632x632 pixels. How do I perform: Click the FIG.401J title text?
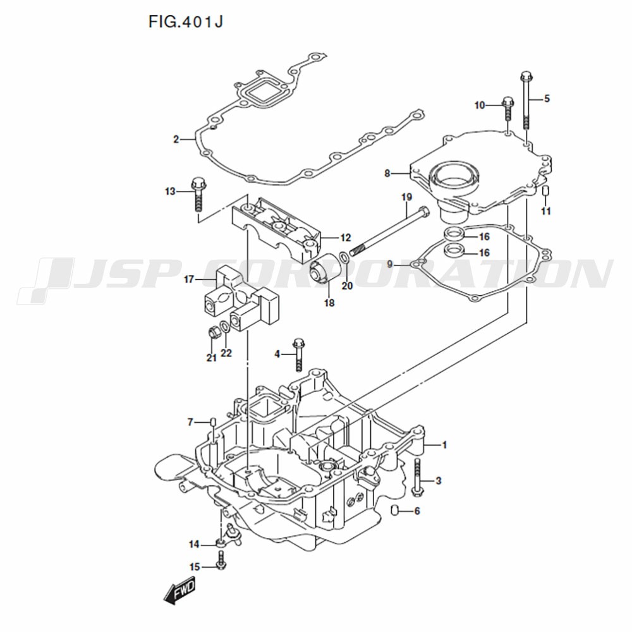point(185,22)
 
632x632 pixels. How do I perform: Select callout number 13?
point(170,191)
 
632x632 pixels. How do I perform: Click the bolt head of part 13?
point(198,184)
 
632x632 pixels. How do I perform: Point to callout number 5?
point(547,99)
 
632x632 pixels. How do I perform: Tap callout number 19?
point(406,197)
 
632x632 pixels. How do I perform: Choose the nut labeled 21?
point(214,333)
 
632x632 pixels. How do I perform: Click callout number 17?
point(188,279)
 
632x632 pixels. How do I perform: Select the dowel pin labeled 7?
point(212,423)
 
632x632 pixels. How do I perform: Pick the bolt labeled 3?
point(416,477)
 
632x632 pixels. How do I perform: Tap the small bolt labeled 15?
point(220,560)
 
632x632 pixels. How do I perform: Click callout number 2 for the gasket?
point(176,140)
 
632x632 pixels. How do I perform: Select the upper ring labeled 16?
point(453,234)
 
